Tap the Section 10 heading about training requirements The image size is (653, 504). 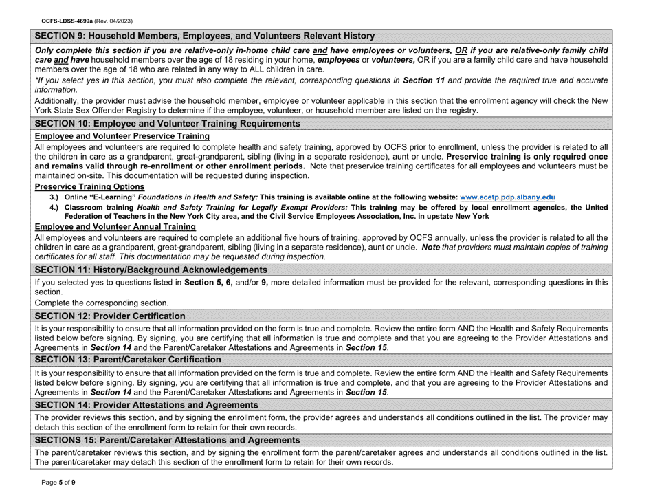[x=168, y=124]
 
